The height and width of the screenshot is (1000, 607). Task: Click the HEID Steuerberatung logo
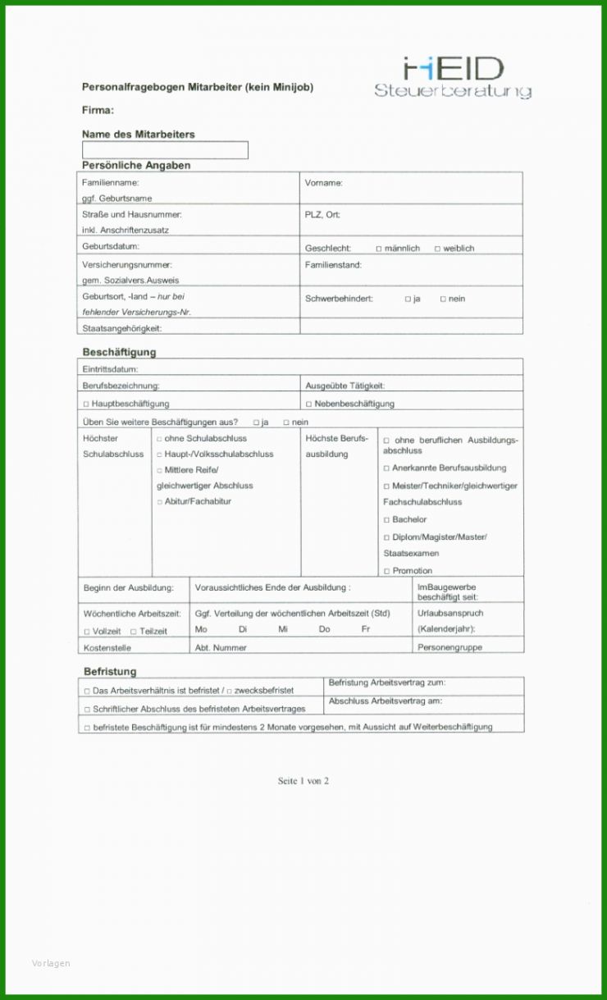pos(453,78)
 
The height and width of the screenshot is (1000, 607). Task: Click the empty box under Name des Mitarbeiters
pos(165,150)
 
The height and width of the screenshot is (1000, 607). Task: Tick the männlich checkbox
pos(379,249)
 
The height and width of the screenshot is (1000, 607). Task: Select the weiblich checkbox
pos(437,249)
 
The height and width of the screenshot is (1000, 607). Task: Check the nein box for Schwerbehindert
pos(443,299)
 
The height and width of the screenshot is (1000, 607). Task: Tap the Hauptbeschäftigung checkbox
pos(86,404)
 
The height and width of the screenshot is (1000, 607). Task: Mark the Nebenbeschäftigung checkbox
pos(308,404)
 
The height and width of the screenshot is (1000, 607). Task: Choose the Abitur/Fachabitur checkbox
pos(160,502)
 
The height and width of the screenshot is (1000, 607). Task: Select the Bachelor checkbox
pos(387,520)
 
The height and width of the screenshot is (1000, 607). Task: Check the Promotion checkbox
pos(387,571)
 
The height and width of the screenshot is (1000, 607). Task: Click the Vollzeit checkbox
pos(87,632)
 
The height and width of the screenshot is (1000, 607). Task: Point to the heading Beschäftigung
pos(119,352)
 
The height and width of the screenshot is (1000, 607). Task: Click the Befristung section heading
pos(110,671)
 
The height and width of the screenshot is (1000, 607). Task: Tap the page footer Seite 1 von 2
pos(303,781)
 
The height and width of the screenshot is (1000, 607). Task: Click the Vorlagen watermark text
pos(51,963)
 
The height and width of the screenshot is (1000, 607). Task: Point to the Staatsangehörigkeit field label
pos(121,328)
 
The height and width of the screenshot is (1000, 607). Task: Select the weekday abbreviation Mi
pos(283,629)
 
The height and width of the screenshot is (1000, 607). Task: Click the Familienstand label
pos(333,265)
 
